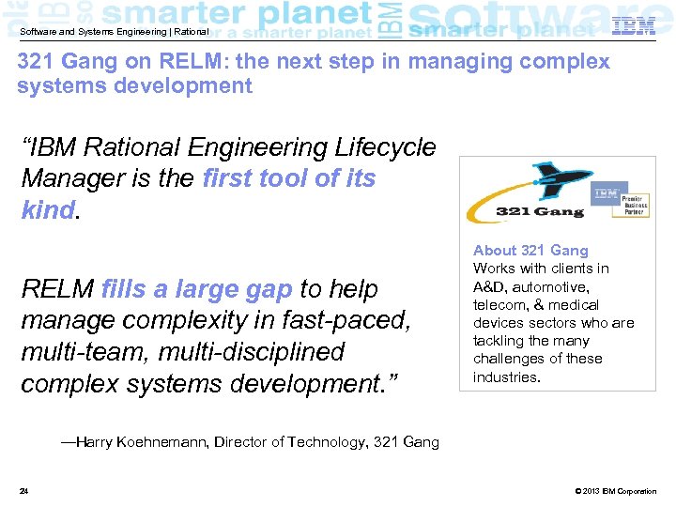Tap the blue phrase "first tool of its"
[289, 178]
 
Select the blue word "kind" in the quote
[47, 209]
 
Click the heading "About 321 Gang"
[530, 251]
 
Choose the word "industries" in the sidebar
[505, 377]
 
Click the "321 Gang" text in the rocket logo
[539, 211]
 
